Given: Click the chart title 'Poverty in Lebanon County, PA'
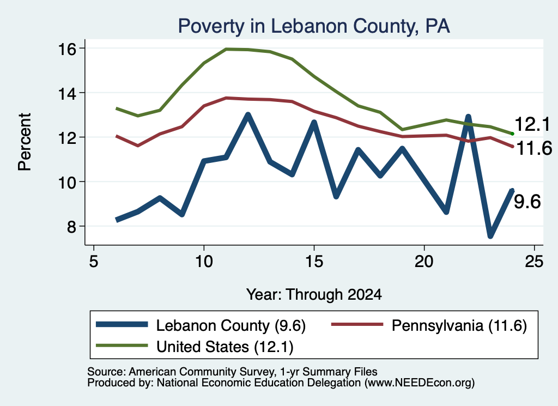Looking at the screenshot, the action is (x=314, y=26).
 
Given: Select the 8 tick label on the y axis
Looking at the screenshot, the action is (x=71, y=226).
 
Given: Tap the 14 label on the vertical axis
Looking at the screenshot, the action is (x=67, y=93).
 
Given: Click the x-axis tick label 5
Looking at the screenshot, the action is (x=94, y=262).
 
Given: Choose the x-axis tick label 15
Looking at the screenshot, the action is (x=314, y=262).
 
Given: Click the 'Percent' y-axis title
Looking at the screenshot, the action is (x=25, y=142).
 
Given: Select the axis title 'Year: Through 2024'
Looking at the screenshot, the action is (x=314, y=295).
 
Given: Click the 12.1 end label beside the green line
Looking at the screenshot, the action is (x=532, y=125).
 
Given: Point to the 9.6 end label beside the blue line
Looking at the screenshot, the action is (x=527, y=202).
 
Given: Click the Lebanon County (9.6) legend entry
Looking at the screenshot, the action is (x=201, y=325).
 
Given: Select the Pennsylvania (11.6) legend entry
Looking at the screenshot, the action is (x=429, y=325).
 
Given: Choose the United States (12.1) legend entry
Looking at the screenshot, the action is (x=195, y=347).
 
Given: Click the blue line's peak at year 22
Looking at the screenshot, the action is (x=468, y=117).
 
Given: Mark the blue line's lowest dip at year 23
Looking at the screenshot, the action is (x=490, y=236).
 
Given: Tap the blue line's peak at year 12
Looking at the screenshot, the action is (x=248, y=114).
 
